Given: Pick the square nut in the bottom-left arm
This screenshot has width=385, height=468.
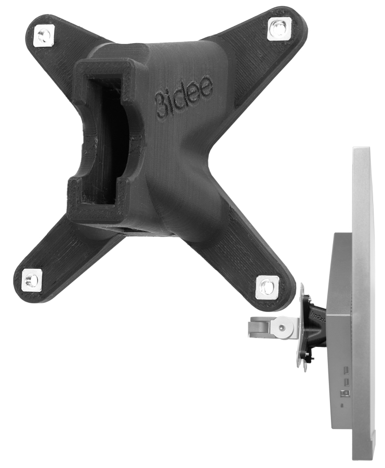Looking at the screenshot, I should click(x=32, y=281).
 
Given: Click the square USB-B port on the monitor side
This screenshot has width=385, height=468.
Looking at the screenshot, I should click(x=346, y=393).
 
